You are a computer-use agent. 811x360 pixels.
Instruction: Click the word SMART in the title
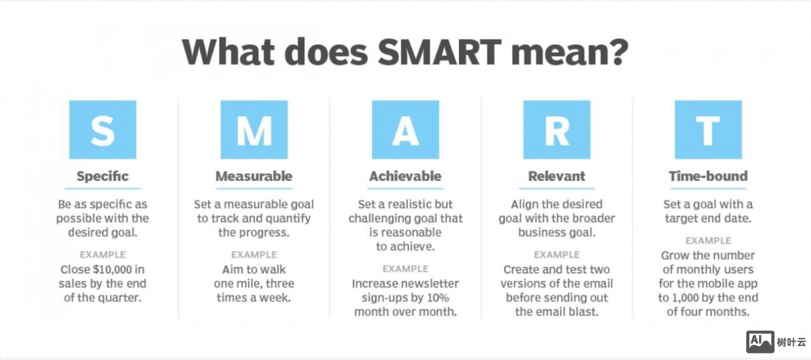click(x=439, y=52)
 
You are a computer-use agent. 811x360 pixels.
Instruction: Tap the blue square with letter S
click(x=103, y=130)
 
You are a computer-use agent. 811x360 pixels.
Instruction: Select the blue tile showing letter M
click(x=254, y=130)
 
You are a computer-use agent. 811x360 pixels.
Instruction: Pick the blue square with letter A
click(x=405, y=130)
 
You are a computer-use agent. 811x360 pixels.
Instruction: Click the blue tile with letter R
click(x=557, y=130)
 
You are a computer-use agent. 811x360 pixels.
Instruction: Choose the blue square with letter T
click(x=708, y=130)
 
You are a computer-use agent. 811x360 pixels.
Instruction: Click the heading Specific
click(x=103, y=176)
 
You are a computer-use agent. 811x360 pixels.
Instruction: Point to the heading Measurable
click(x=254, y=176)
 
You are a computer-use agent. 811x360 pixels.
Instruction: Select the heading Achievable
click(x=405, y=176)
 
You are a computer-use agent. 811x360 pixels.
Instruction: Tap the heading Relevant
click(x=556, y=176)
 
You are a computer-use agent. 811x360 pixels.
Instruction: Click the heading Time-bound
click(x=708, y=176)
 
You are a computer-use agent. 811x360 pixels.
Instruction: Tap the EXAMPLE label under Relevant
click(x=557, y=255)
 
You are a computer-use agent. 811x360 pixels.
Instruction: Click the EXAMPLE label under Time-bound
click(x=708, y=240)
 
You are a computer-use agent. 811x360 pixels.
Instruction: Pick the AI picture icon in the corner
click(x=760, y=342)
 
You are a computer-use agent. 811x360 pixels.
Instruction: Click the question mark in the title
click(x=619, y=52)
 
